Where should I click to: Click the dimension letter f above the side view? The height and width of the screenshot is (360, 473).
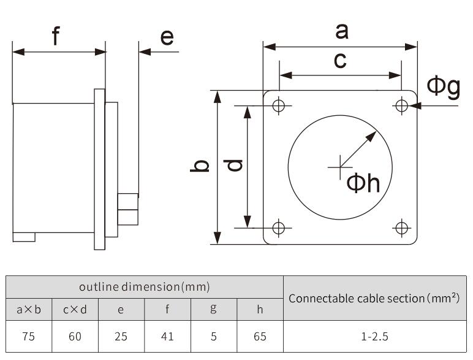56,36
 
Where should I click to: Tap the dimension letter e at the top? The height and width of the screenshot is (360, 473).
167,37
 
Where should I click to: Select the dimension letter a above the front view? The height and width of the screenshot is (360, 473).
342,31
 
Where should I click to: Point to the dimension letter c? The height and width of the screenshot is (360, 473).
340,60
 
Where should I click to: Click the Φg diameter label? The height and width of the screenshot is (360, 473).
444,87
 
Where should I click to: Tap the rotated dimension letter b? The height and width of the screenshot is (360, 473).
199,166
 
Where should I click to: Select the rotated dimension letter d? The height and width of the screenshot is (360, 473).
233,165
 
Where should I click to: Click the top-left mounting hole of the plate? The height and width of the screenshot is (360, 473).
279,105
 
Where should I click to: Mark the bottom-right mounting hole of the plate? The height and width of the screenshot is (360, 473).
401,228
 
